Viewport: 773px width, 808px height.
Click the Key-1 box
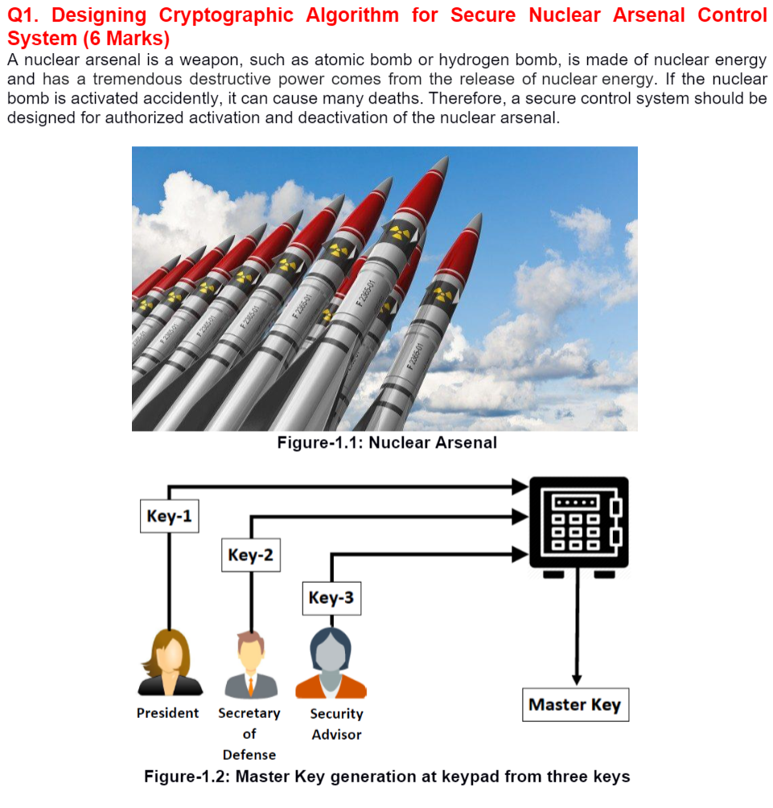click(x=169, y=515)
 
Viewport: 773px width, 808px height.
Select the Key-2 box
click(x=250, y=555)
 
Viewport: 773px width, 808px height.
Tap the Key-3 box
click(x=331, y=597)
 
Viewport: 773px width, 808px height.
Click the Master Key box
click(x=574, y=705)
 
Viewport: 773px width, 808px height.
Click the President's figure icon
click(x=170, y=662)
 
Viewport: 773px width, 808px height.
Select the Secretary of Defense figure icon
click(x=250, y=665)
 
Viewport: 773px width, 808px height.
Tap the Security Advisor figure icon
click(x=331, y=663)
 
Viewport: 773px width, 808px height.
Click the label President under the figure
click(x=167, y=713)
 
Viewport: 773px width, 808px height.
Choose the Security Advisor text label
click(x=336, y=724)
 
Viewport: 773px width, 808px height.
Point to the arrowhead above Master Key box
click(x=576, y=678)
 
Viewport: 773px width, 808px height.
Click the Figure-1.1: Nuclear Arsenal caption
click(x=387, y=442)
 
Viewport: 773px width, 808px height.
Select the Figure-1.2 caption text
click(x=387, y=777)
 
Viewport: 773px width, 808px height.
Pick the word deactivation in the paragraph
click(x=408, y=117)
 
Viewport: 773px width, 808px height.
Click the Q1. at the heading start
click(x=23, y=15)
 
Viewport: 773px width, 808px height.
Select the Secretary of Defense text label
click(x=249, y=733)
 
